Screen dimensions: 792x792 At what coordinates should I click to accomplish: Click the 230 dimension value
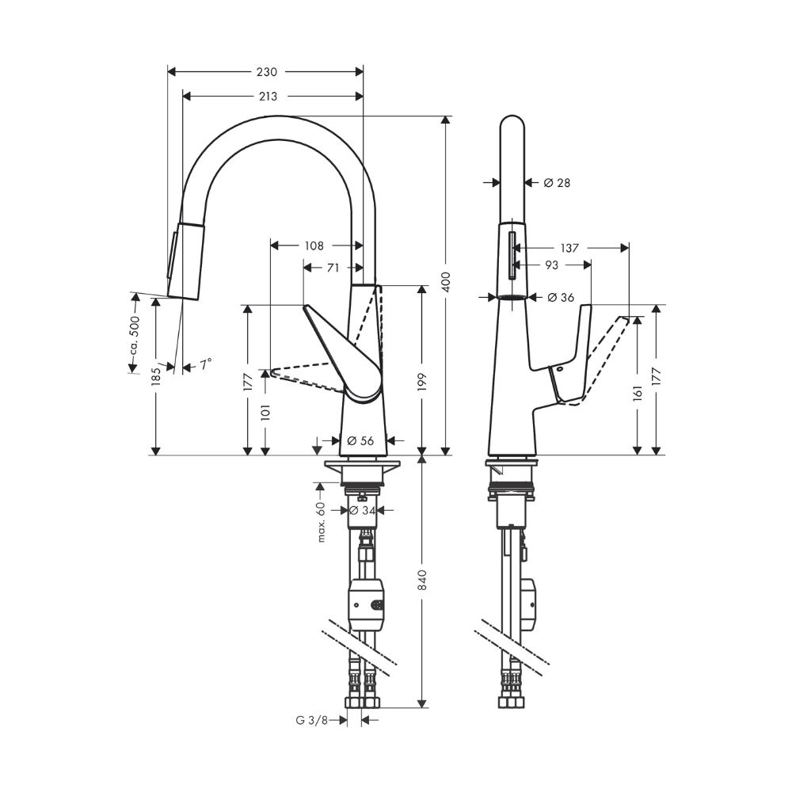(267, 72)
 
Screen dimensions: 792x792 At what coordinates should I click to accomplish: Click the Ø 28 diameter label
(557, 183)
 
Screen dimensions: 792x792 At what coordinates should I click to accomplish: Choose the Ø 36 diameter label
(560, 298)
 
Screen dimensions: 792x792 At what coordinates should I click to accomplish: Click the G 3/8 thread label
(311, 720)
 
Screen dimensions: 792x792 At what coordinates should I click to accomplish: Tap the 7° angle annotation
(206, 364)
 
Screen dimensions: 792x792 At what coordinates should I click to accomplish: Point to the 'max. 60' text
(322, 522)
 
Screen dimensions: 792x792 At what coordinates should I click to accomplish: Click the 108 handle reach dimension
(314, 246)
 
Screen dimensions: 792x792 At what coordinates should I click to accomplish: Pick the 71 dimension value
(333, 268)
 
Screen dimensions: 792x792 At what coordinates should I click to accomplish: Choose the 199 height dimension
(421, 379)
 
